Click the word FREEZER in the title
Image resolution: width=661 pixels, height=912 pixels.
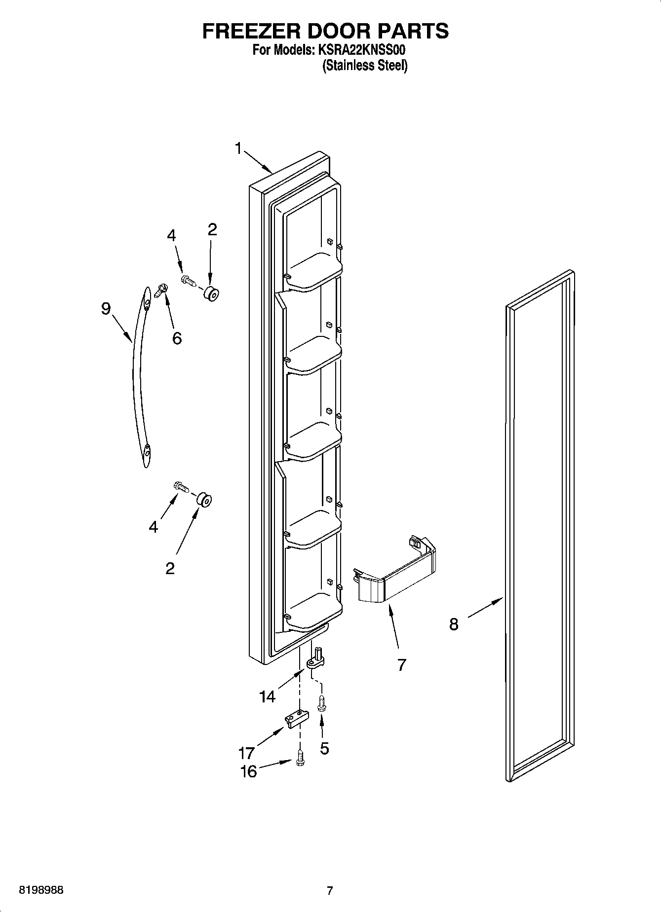point(250,31)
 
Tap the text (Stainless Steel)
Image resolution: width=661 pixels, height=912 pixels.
point(365,66)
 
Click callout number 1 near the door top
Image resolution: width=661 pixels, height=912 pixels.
point(238,148)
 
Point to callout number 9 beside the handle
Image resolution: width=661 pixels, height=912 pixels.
point(106,309)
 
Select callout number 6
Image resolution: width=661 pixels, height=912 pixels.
point(176,338)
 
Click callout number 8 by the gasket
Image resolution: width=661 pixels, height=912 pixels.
point(454,624)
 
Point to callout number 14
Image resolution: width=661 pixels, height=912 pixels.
point(267,696)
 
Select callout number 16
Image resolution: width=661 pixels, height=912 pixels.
point(248,771)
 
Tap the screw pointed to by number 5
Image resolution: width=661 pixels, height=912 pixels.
point(322,703)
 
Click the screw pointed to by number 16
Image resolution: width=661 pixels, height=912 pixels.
point(300,760)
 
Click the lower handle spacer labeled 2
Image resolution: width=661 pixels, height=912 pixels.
point(204,500)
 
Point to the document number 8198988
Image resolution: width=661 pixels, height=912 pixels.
point(41,890)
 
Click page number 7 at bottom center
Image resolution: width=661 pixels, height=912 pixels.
point(330,890)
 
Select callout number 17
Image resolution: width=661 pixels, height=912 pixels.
point(246,753)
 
